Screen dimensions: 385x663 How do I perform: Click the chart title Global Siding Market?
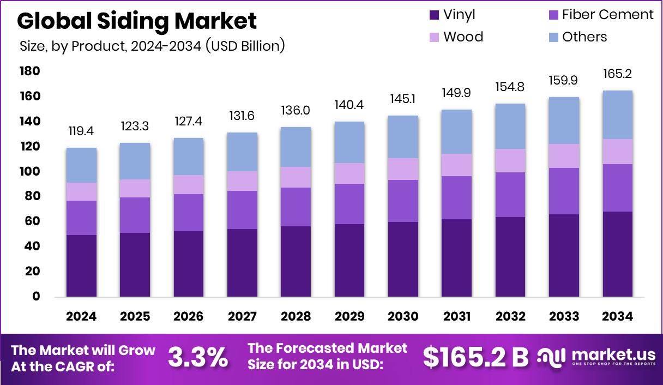137,21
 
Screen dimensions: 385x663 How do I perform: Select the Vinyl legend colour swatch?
434,15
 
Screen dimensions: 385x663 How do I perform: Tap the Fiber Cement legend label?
608,15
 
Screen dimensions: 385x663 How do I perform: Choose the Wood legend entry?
463,37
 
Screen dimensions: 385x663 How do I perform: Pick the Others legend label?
584,37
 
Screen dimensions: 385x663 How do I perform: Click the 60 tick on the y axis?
33,221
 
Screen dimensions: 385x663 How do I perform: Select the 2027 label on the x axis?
242,317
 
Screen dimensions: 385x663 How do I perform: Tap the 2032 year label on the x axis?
510,317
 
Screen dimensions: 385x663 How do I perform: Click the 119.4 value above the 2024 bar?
81,131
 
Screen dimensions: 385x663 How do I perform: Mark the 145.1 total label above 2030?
403,99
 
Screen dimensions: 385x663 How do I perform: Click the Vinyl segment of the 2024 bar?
81,266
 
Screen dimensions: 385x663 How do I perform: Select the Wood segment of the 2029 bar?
349,173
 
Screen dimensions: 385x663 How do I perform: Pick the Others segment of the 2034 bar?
618,115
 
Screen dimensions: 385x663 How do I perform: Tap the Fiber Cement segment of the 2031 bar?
457,197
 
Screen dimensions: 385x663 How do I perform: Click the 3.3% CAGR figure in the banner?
197,357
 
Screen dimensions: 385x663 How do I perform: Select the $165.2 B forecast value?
475,357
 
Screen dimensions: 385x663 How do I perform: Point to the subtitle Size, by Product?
152,46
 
